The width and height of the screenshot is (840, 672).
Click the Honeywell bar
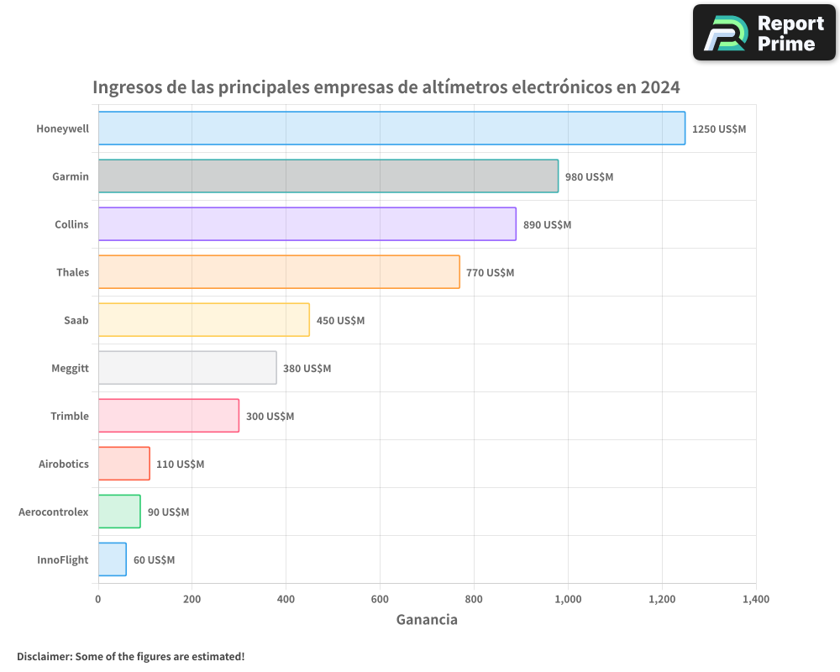pos(391,129)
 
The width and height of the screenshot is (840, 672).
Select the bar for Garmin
pos(328,176)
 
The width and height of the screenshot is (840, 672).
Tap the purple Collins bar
pos(307,224)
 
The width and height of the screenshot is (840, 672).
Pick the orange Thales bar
pos(279,272)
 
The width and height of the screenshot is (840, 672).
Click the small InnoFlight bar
pos(113,559)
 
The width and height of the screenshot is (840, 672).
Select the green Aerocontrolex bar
pos(119,512)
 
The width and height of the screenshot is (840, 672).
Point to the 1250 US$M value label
pos(719,129)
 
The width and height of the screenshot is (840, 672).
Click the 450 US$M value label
pos(340,321)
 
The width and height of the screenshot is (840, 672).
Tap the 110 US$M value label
pos(180,465)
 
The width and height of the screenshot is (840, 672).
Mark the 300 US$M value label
pos(270,417)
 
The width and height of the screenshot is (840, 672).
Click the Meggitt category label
pos(70,368)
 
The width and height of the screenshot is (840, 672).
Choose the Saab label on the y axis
pos(76,320)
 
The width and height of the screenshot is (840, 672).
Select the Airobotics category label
pos(64,464)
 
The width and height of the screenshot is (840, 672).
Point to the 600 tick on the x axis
pos(380,600)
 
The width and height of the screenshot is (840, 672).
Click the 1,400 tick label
pos(755,600)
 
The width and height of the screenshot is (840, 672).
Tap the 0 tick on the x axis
pos(98,600)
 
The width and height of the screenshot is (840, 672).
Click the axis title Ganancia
pos(427,620)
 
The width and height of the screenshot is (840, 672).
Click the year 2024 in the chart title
pos(659,87)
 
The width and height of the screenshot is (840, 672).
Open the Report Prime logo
pos(764,33)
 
